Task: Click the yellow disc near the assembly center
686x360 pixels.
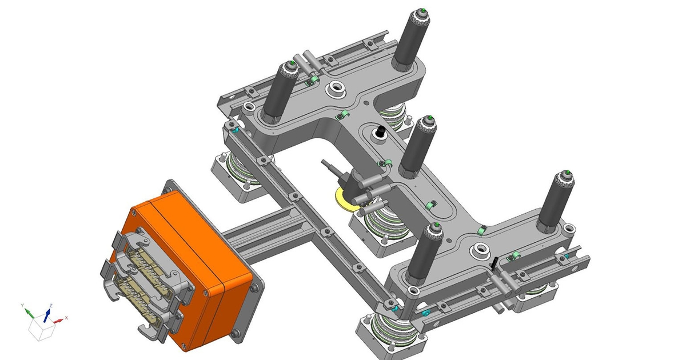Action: [x=344, y=199]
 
